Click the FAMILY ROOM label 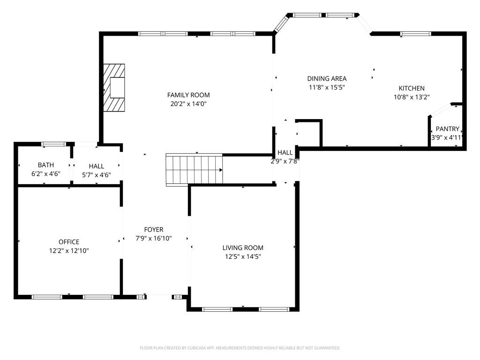(x=188, y=95)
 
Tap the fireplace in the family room (x=114, y=88)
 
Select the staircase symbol (x=194, y=170)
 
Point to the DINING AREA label (x=327, y=78)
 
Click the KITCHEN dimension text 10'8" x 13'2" (x=412, y=97)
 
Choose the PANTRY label (x=447, y=129)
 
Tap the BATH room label (x=46, y=165)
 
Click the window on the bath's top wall (x=54, y=144)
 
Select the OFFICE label (x=69, y=242)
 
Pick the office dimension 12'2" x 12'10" (x=69, y=251)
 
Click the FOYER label (x=154, y=230)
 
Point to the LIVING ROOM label (x=243, y=247)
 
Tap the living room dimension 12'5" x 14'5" (x=243, y=256)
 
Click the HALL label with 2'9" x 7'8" (x=285, y=152)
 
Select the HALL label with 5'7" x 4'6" (x=97, y=166)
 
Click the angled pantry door (x=440, y=111)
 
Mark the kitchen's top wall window (x=416, y=34)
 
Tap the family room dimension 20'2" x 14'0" (x=188, y=104)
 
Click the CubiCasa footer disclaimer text (x=240, y=348)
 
